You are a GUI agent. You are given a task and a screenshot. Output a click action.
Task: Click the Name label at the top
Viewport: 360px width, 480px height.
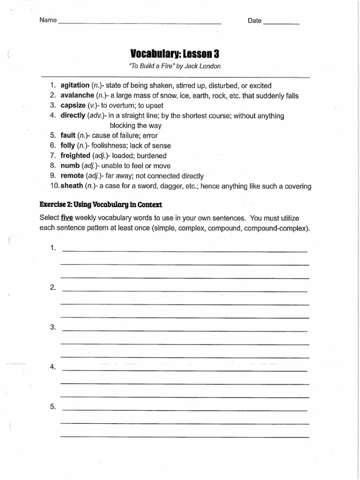47,21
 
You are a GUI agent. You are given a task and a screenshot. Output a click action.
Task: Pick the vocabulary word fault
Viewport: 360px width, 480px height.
68,135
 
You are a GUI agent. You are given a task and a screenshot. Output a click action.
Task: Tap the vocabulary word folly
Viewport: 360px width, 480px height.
68,145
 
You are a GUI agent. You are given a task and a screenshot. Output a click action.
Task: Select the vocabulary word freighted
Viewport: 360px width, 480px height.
75,156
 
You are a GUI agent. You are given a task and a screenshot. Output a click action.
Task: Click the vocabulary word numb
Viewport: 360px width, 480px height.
70,165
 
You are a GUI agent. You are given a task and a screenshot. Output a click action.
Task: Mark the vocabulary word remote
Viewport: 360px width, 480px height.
72,176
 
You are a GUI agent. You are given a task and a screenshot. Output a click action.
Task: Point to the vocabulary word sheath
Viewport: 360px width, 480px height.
71,186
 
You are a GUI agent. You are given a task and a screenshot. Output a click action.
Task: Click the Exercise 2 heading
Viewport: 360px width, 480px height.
101,205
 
